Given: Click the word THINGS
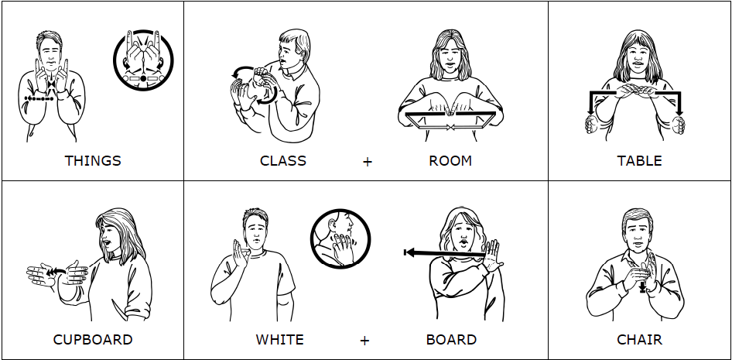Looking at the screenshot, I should (93, 161).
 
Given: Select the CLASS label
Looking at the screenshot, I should (282, 161).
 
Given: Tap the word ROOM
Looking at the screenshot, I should (450, 161).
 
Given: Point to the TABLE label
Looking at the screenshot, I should (639, 161).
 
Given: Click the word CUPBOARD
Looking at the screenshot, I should (93, 340).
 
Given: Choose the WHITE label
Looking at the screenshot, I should (279, 340).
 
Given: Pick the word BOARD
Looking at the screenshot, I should (451, 340).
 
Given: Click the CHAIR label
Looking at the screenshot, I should (639, 340).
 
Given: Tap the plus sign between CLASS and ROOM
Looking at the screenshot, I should (367, 162).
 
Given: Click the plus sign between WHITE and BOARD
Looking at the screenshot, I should (364, 341).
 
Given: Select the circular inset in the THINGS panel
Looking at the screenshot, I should (143, 60).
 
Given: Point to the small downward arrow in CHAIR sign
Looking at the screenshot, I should (642, 286).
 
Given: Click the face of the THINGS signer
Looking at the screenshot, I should (50, 52).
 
